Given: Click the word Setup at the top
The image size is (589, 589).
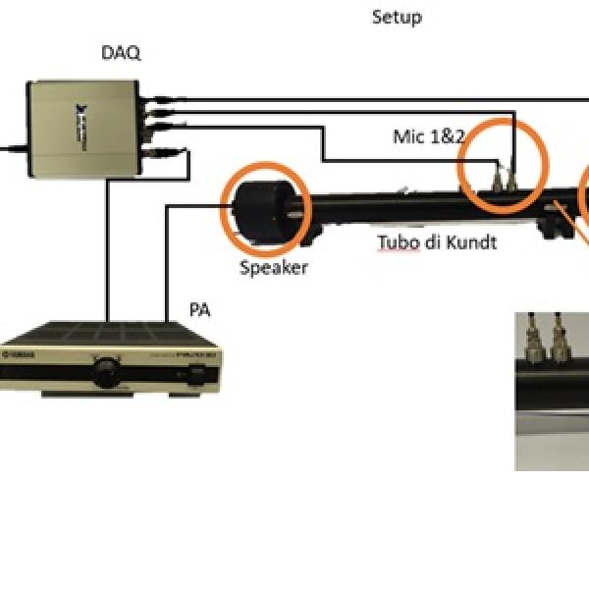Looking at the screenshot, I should [x=397, y=18].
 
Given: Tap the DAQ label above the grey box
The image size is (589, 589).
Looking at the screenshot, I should [x=121, y=54].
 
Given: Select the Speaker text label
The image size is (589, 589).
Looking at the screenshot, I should [x=273, y=267].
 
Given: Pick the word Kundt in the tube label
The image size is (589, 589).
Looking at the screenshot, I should [x=470, y=241].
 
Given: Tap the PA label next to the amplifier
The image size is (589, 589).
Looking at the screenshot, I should [x=200, y=311].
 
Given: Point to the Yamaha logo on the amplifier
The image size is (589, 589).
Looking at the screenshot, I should [x=21, y=354].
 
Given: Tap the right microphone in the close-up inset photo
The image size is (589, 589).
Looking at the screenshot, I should [x=561, y=340].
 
